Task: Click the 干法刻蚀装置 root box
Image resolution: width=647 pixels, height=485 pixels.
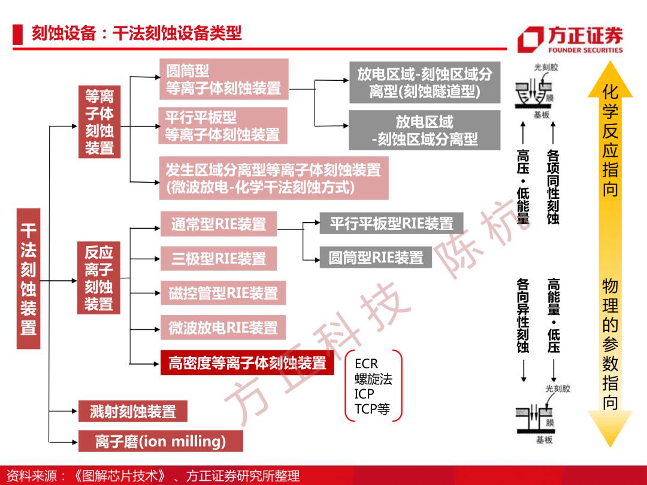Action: tap(29, 279)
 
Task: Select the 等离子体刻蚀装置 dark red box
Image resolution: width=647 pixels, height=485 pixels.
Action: tap(99, 122)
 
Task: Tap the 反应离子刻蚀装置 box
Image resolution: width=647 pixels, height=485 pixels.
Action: tap(99, 278)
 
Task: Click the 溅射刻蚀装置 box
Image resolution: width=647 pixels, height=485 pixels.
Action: tap(133, 411)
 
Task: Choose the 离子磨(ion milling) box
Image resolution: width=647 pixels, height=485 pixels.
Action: tap(161, 441)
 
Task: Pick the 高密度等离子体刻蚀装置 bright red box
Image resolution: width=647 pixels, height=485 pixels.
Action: tap(247, 363)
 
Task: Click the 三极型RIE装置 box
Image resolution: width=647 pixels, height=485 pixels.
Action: tap(219, 259)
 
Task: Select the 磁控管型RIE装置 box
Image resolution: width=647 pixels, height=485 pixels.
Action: tap(223, 293)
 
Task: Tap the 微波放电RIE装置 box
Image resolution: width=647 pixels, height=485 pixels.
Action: tap(223, 328)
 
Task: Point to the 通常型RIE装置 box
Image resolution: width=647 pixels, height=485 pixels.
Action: tap(219, 224)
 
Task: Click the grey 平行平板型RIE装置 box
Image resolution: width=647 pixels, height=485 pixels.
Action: tap(392, 223)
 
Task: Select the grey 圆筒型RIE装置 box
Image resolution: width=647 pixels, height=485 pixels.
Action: tap(376, 257)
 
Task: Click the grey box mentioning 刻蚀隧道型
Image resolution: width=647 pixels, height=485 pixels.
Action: tap(425, 83)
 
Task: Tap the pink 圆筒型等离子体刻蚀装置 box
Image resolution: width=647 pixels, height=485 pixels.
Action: tap(224, 79)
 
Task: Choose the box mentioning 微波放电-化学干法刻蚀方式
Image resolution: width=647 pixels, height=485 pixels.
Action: tap(274, 178)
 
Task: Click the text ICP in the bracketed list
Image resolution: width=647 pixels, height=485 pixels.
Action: tap(364, 394)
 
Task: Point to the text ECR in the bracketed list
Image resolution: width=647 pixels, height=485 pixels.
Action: tap(366, 364)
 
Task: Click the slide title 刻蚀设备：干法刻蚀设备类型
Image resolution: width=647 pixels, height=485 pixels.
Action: tap(137, 34)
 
